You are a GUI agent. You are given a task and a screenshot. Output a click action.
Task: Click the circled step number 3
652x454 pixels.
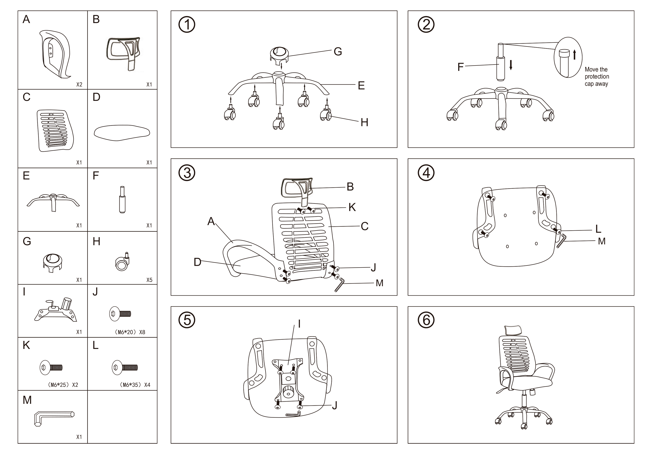click(x=187, y=173)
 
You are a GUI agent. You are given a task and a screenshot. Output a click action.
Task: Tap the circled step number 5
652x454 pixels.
click(x=187, y=320)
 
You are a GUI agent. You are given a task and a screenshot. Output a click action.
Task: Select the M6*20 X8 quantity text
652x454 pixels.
click(x=130, y=332)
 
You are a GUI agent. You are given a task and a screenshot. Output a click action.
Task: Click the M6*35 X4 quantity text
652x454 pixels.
click(x=135, y=385)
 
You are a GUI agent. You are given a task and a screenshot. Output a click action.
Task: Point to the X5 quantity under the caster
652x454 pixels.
click(x=149, y=280)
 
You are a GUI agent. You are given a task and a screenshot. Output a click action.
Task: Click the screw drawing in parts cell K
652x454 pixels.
click(x=51, y=367)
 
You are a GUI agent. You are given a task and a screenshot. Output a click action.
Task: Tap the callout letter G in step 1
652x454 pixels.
click(x=338, y=51)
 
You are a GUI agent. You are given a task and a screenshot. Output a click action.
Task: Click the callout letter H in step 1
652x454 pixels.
click(x=364, y=123)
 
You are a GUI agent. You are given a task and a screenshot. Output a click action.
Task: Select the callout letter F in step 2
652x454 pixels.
click(x=460, y=67)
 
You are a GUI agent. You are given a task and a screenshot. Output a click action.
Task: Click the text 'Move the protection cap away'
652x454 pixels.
click(x=597, y=76)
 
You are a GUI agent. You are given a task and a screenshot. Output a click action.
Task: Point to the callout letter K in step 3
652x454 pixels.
click(x=352, y=207)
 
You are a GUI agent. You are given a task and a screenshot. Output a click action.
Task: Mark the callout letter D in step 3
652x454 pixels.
click(x=197, y=262)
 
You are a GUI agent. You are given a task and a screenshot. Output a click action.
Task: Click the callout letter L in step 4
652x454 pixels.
click(x=598, y=229)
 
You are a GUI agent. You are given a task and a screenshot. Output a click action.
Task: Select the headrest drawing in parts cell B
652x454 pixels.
click(x=123, y=51)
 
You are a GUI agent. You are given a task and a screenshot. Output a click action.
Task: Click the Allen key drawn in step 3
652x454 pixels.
click(x=339, y=284)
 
